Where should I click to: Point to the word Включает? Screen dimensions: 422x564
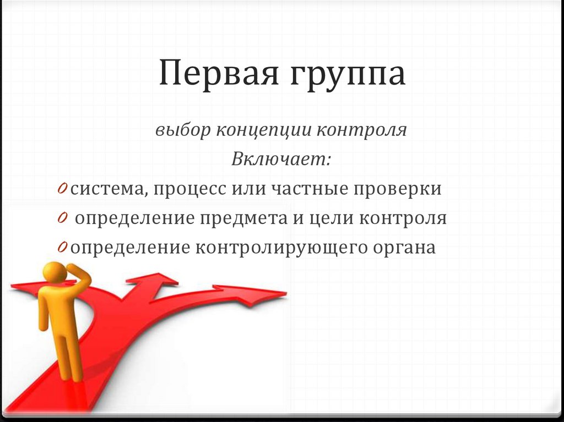(x=281, y=160)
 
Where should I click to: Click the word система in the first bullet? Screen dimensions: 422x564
(x=108, y=189)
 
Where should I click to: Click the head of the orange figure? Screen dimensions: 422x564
(x=55, y=273)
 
